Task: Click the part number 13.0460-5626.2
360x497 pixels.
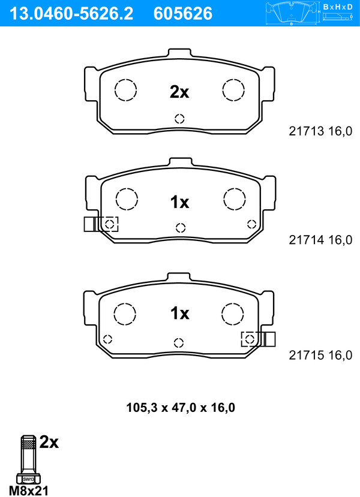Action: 71,13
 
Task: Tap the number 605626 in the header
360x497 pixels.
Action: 182,13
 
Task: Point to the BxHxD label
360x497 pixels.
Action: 338,7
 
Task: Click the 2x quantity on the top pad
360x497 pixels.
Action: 179,92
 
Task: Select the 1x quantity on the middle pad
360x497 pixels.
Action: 179,202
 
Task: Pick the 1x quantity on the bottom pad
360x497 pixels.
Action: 179,313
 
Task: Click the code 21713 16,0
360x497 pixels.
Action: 320,131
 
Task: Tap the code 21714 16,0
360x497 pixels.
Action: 320,240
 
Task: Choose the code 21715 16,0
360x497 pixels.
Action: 320,355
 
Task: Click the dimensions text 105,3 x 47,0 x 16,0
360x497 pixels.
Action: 181,408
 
